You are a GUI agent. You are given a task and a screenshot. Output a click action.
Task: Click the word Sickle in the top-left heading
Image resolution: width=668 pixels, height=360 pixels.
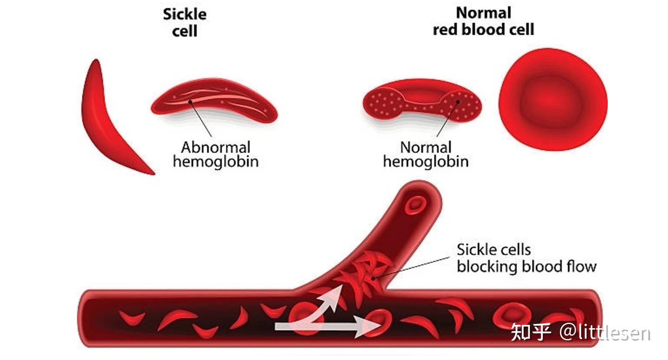[x=185, y=14]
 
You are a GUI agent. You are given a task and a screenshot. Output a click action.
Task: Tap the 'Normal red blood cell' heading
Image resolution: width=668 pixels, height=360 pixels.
[x=483, y=21]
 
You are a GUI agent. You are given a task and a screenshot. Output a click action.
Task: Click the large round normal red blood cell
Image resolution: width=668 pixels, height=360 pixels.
[x=553, y=99]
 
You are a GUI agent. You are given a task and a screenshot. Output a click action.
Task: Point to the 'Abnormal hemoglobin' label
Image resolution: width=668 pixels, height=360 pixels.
[x=216, y=154]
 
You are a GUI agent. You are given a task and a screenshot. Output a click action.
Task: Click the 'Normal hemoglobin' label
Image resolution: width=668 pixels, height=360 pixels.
[x=425, y=154]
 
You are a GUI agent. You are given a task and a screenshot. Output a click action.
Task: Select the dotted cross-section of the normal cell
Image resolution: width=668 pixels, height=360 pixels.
[x=422, y=101]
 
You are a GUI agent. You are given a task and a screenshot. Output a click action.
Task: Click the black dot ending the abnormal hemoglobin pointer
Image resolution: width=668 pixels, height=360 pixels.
[x=190, y=102]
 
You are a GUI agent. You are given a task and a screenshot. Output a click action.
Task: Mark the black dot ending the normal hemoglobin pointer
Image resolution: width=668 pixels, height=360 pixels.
[x=458, y=102]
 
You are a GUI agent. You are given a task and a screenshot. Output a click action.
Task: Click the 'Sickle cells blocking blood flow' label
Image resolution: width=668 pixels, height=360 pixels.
[x=527, y=258]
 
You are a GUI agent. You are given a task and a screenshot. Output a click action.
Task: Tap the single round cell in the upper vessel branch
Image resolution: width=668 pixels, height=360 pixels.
[x=416, y=206]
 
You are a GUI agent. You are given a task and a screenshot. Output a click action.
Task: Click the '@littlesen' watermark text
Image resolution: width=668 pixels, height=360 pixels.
[x=605, y=332]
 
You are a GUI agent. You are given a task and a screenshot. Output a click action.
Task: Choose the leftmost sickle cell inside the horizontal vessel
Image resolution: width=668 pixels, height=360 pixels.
[x=132, y=318]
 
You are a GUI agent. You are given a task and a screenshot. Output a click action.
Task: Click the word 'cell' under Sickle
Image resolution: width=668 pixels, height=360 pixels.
[x=185, y=31]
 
